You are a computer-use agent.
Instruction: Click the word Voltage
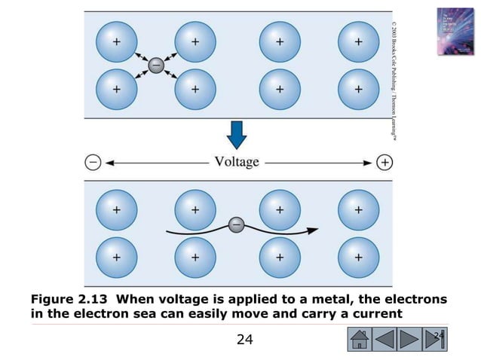click(x=237, y=162)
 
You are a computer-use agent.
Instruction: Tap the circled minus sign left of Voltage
click(x=92, y=162)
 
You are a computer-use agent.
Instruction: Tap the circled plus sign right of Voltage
click(x=384, y=162)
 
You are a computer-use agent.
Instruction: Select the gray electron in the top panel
click(x=155, y=66)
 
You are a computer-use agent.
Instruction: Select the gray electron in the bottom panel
click(x=236, y=224)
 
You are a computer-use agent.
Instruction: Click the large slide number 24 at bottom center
click(x=244, y=340)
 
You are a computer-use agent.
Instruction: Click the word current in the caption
click(x=377, y=314)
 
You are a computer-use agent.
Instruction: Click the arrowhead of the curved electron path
click(x=314, y=230)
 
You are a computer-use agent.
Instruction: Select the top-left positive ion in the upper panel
click(x=116, y=42)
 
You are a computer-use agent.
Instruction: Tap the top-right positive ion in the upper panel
click(x=358, y=42)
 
